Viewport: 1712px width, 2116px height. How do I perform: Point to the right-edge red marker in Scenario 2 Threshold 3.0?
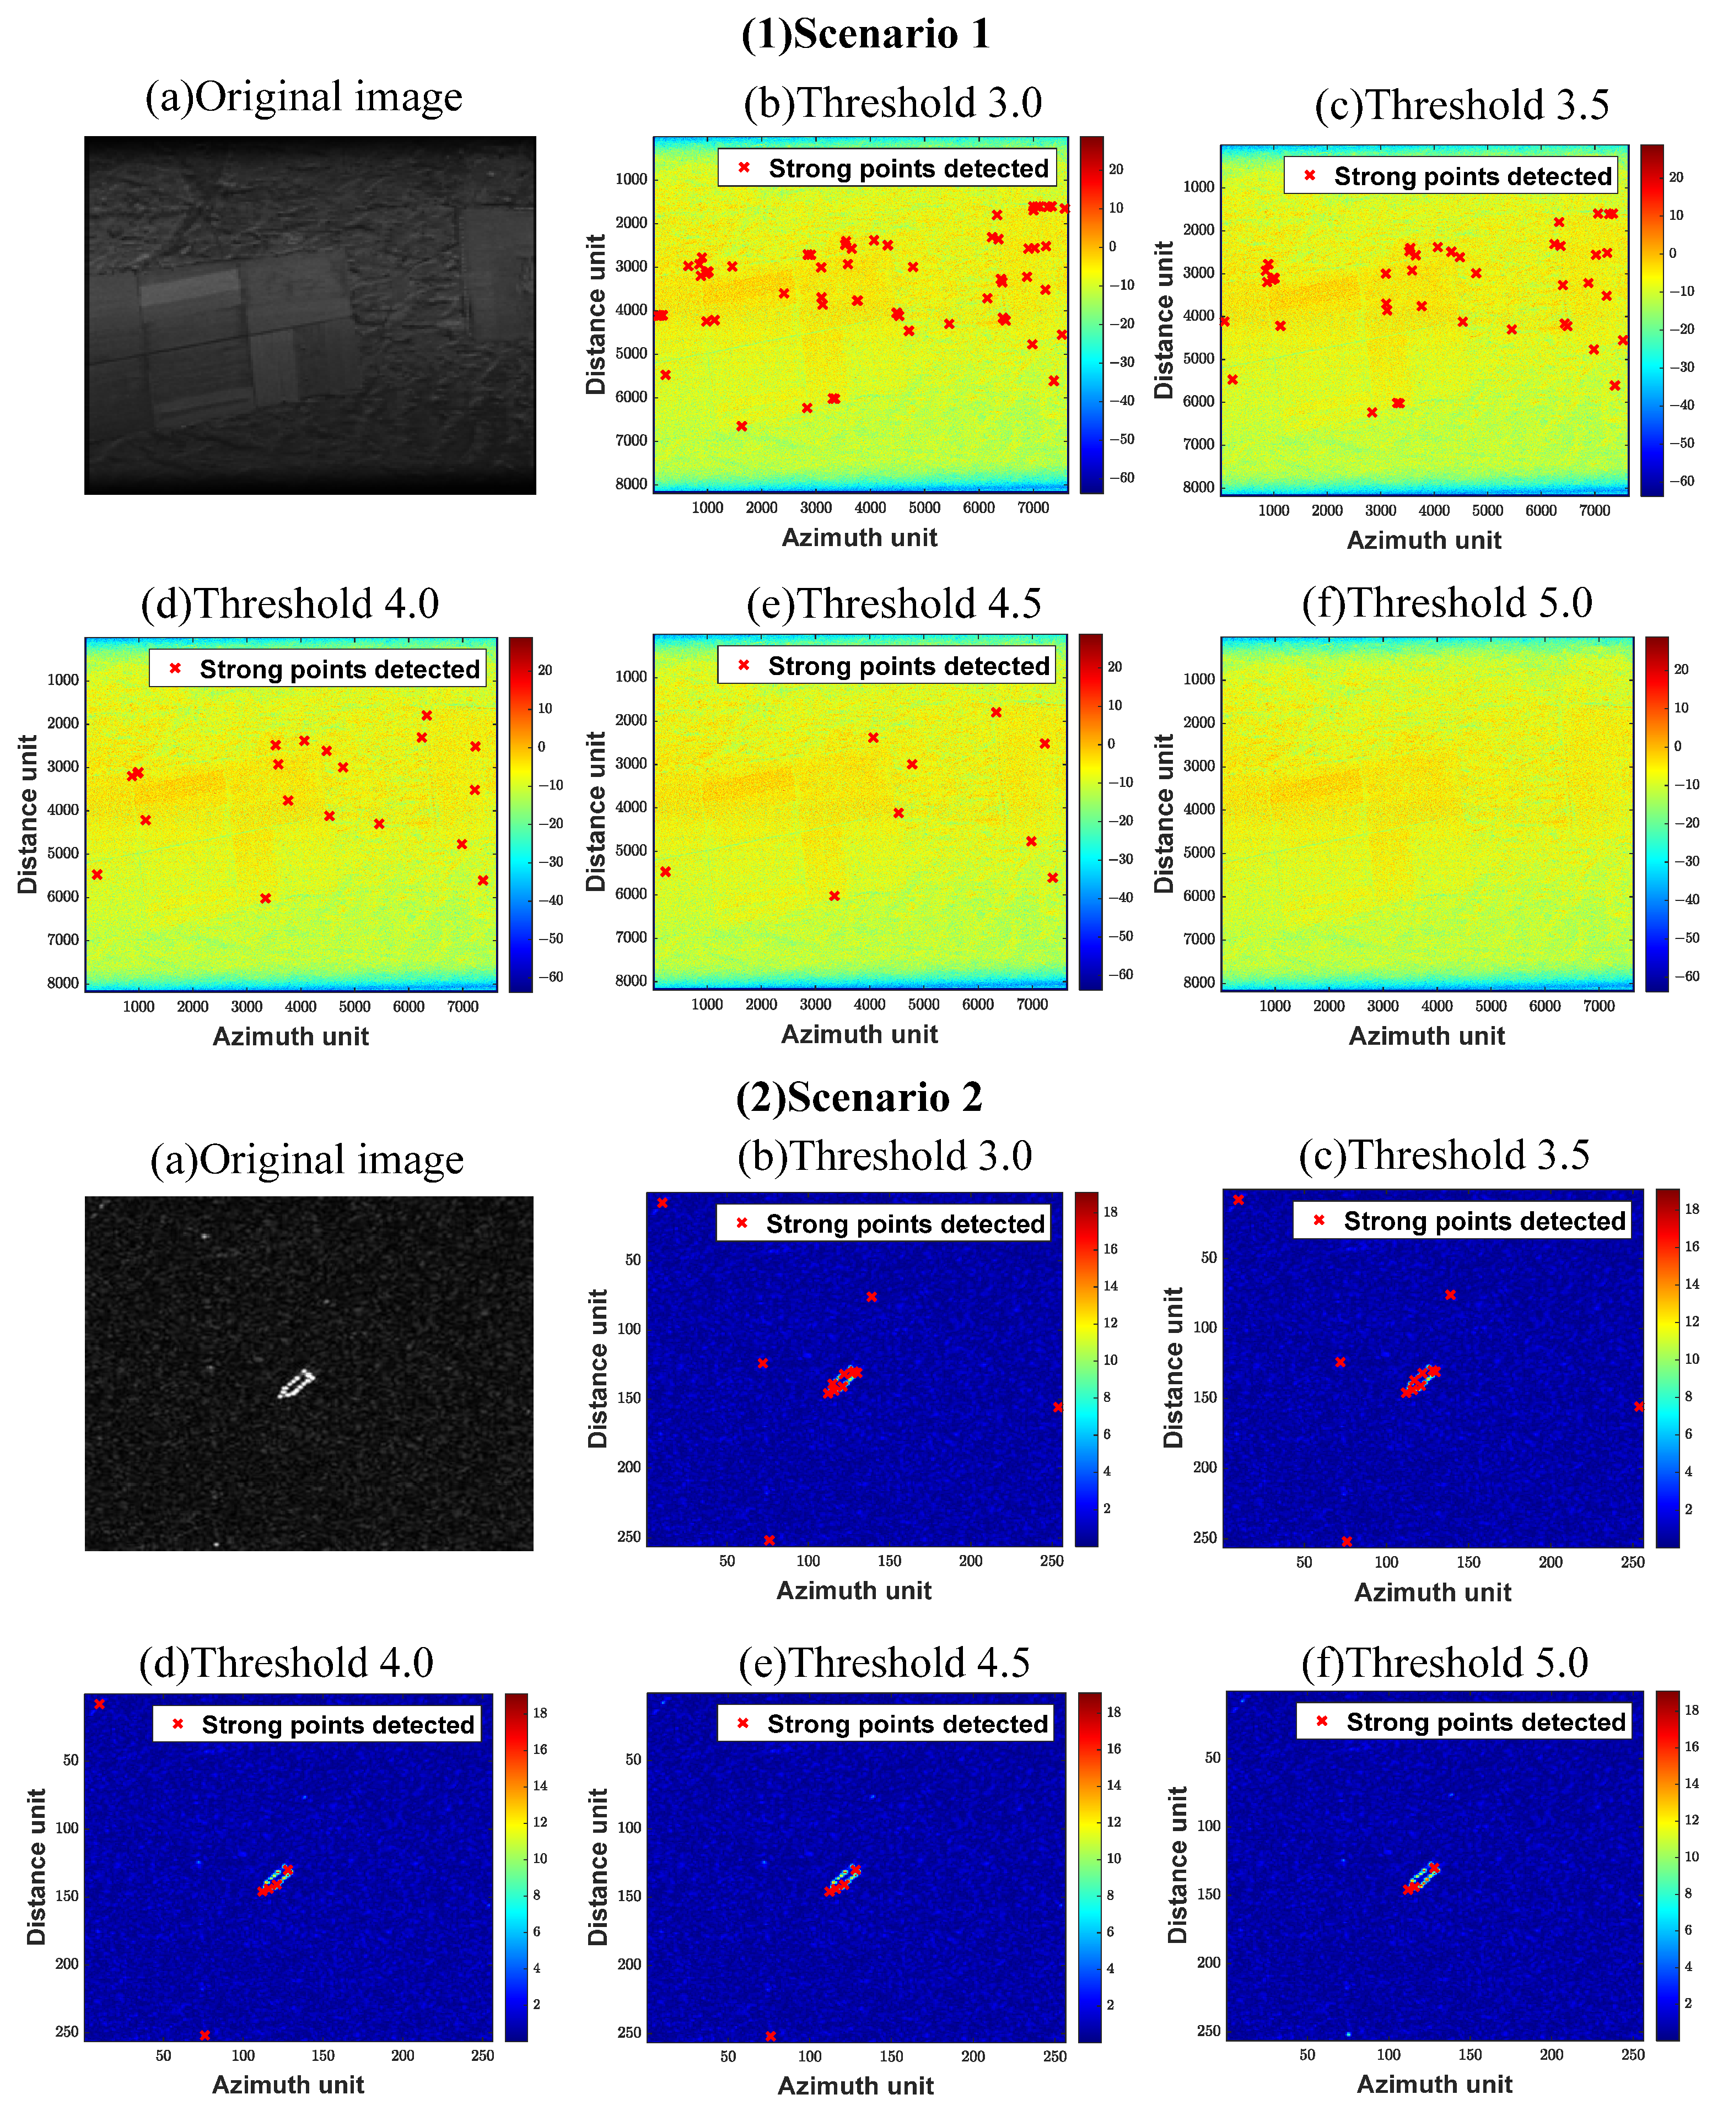[1057, 1407]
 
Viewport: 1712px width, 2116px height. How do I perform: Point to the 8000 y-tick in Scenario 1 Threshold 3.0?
[631, 484]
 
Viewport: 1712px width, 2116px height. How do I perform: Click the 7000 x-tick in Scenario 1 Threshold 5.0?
[1598, 1006]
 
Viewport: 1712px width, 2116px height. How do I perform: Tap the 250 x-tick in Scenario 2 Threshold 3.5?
[1632, 1562]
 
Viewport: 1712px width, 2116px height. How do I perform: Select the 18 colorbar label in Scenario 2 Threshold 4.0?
[540, 1713]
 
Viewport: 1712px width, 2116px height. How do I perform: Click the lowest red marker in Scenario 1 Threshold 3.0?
[741, 426]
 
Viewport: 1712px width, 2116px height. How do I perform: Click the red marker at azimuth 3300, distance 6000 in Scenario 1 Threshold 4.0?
[265, 898]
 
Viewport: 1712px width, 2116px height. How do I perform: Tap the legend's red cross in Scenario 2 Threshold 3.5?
[1318, 1221]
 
